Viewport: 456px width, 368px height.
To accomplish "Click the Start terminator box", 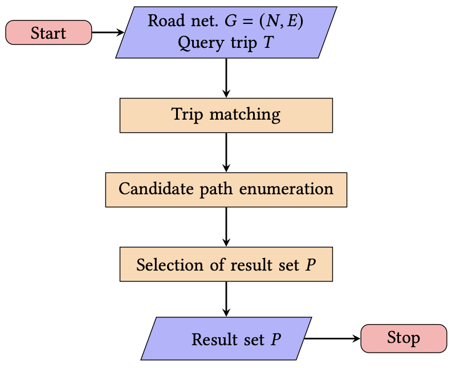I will pos(48,32).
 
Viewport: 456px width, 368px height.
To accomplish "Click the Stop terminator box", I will pos(404,338).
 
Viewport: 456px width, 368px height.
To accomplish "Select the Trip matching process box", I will pos(226,115).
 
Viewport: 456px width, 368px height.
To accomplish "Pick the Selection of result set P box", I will pos(226,264).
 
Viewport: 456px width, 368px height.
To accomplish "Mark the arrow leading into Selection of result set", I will pos(226,227).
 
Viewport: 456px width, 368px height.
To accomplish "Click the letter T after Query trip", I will pos(267,43).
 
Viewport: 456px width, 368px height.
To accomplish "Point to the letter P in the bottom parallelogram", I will pos(276,340).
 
